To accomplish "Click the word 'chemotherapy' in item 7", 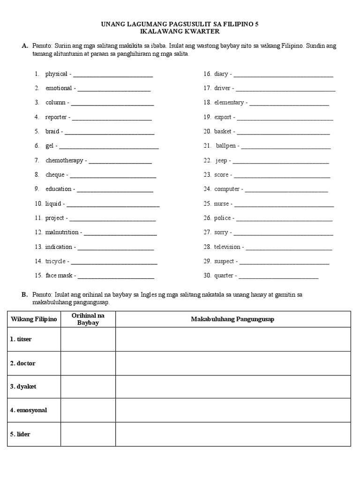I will point(65,160).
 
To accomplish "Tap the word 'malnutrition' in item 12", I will point(62,232).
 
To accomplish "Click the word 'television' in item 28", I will point(227,247).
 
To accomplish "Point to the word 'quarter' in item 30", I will point(224,276).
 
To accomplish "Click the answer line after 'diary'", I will point(283,75).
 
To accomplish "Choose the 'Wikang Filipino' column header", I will point(34,319).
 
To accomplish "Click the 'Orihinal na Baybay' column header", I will point(88,319).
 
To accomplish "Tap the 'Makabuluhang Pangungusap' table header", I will point(232,319).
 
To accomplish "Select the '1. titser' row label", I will point(21,339).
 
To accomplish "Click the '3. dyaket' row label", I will point(23,387).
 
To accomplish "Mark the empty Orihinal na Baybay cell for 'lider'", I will point(88,435).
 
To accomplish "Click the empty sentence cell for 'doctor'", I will point(232,363).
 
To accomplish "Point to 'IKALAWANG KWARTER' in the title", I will point(180,31).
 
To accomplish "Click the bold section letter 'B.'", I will point(25,295).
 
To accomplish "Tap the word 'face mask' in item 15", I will point(59,276).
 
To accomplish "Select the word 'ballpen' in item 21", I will point(226,146).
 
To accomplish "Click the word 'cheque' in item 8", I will point(56,175).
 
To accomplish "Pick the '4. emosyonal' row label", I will point(29,410).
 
